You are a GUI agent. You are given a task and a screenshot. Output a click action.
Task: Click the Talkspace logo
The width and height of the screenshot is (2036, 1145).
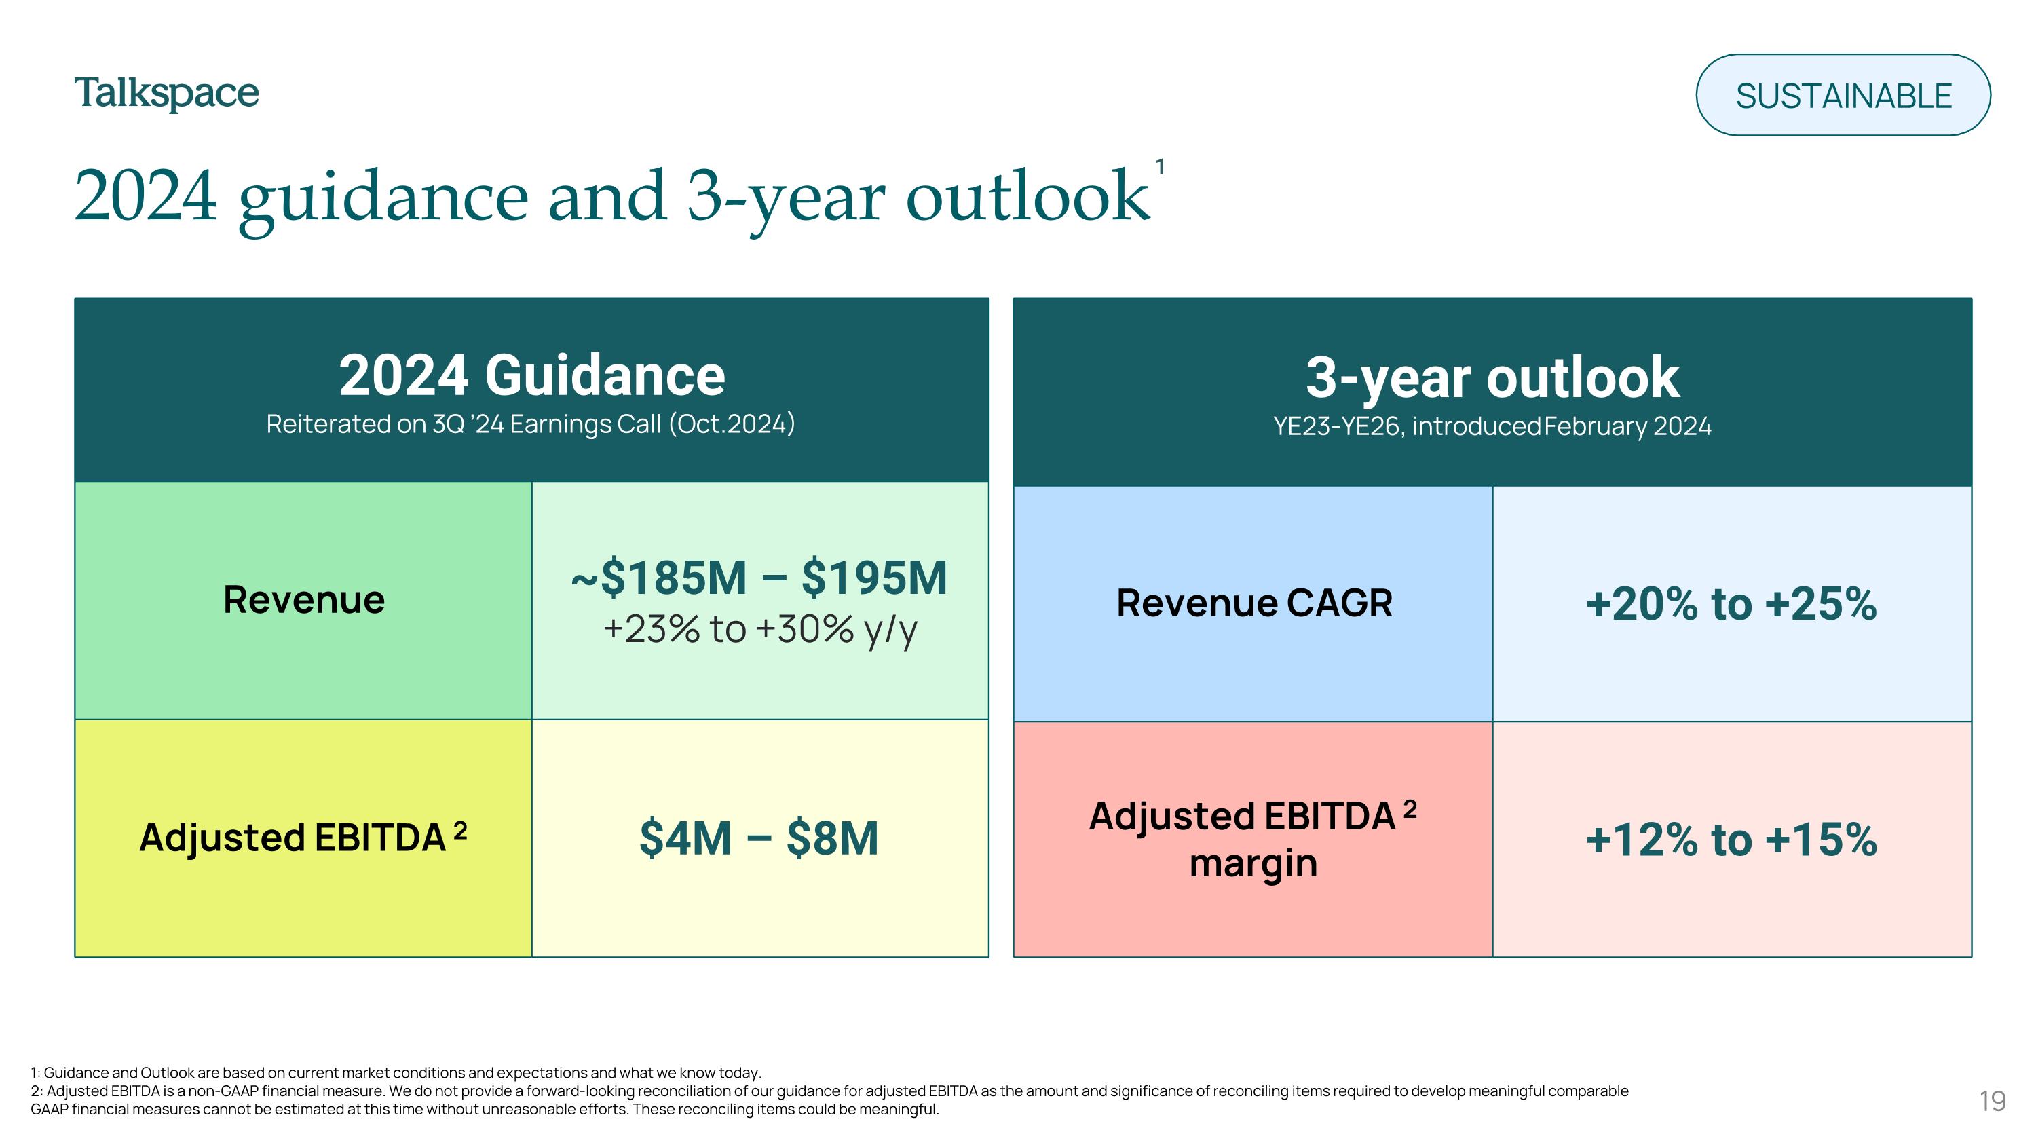(x=166, y=94)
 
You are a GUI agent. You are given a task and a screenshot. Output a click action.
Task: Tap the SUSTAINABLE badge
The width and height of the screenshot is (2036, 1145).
(x=1843, y=96)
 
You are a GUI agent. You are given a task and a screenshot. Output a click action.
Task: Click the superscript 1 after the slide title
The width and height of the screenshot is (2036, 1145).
(x=1159, y=168)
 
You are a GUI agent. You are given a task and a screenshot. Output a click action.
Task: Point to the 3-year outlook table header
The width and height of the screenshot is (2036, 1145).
(x=1492, y=378)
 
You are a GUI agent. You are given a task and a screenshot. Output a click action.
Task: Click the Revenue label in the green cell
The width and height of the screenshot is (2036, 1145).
(x=303, y=600)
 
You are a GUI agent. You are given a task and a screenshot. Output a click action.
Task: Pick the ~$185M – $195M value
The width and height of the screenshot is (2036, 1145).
(x=759, y=578)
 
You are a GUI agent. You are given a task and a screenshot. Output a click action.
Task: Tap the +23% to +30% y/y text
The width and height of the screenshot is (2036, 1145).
(x=759, y=630)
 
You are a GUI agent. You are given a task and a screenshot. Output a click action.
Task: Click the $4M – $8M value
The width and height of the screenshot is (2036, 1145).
(x=759, y=838)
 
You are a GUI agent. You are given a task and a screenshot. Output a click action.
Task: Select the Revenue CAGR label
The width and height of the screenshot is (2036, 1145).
(x=1253, y=603)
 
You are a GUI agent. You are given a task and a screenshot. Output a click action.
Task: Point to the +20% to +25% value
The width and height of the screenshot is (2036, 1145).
(x=1731, y=605)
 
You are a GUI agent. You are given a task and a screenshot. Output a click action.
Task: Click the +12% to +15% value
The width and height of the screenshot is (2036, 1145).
(x=1731, y=840)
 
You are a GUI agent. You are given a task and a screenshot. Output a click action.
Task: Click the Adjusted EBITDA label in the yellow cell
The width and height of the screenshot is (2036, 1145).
(x=293, y=838)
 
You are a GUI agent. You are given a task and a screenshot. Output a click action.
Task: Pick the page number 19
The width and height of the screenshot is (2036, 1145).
(x=1992, y=1102)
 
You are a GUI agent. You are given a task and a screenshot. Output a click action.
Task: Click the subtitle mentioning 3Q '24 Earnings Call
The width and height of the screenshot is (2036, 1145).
(x=530, y=424)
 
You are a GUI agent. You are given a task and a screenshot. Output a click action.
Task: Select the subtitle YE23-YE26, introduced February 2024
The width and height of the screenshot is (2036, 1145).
(x=1492, y=427)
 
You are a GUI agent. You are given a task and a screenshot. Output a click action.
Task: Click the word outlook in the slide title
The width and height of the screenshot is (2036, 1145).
(x=1028, y=196)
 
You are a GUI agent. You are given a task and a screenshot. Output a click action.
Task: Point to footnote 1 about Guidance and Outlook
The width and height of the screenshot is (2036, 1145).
(x=395, y=1073)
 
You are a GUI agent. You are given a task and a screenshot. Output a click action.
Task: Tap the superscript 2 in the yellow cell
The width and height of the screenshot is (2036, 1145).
(x=460, y=831)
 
